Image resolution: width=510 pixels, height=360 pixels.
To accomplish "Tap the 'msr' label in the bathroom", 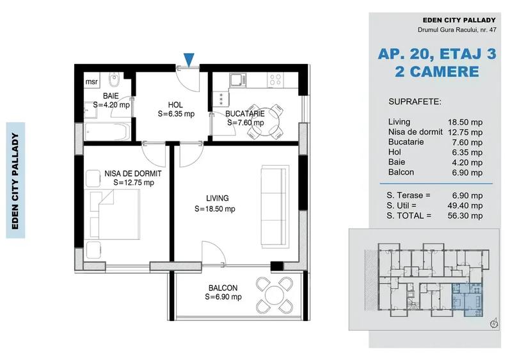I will pyautogui.click(x=92, y=82).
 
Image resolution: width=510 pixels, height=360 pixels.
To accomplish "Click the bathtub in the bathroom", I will pyautogui.click(x=108, y=130).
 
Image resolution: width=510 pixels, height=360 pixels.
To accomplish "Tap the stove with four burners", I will pyautogui.click(x=276, y=80).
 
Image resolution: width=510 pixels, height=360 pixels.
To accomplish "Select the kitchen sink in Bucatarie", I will pyautogui.click(x=238, y=80).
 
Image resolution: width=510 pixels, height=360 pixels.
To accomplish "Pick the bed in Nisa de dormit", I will pyautogui.click(x=115, y=214).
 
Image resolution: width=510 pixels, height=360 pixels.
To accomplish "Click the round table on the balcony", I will pyautogui.click(x=275, y=295).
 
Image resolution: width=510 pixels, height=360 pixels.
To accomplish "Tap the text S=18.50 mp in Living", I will pyautogui.click(x=215, y=208).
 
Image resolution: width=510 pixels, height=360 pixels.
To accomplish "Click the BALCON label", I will pyautogui.click(x=223, y=288).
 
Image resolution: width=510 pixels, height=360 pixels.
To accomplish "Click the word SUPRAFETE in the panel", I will pyautogui.click(x=414, y=102).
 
